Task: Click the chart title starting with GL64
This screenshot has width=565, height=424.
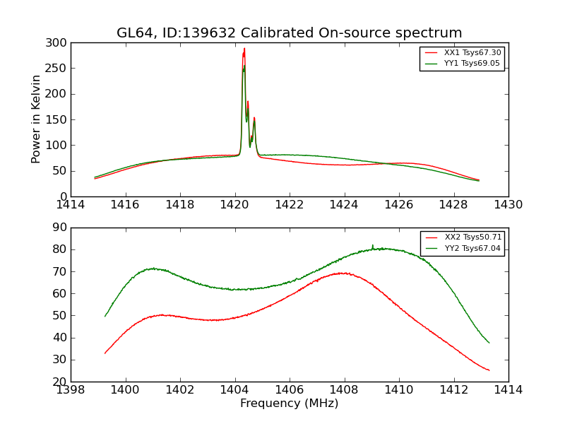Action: [x=290, y=33]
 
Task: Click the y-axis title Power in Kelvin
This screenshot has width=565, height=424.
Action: [x=36, y=119]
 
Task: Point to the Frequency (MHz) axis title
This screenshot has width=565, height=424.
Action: [x=290, y=404]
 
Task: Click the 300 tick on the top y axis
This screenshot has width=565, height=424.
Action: [x=58, y=43]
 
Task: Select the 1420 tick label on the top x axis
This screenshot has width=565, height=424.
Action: [x=234, y=205]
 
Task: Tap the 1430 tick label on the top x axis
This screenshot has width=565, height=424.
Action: [x=508, y=205]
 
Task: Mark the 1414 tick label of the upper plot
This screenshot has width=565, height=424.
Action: [x=71, y=205]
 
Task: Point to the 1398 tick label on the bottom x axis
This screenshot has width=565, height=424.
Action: [x=71, y=390]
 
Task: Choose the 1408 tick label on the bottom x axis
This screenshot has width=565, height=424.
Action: [x=344, y=390]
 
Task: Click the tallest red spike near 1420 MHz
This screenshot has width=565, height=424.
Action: [x=244, y=49]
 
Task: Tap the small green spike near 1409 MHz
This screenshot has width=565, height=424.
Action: [x=373, y=245]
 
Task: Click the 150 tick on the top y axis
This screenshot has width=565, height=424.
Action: [x=58, y=119]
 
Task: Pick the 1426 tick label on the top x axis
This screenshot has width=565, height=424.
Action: [x=398, y=205]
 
